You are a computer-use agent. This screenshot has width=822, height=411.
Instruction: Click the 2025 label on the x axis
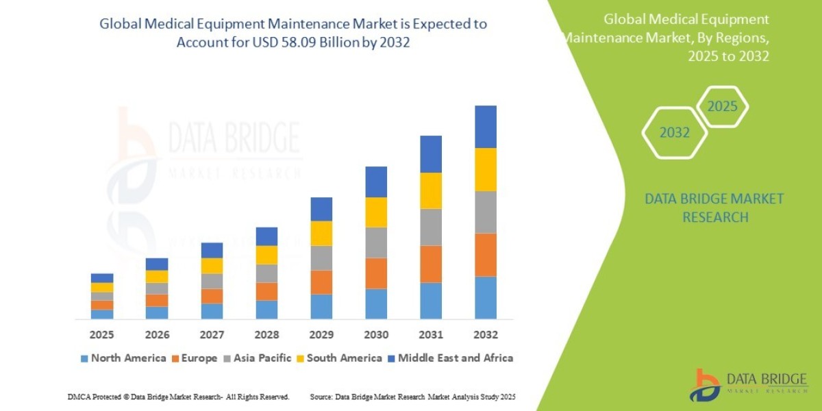101,335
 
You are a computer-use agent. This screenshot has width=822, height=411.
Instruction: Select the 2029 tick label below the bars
321,335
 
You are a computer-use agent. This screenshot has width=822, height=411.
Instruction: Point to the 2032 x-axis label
485,335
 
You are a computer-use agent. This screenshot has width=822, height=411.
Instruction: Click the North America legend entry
123,358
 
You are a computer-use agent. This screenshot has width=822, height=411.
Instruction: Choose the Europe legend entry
193,358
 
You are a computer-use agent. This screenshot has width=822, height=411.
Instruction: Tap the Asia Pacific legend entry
257,358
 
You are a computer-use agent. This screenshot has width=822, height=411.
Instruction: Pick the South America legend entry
338,358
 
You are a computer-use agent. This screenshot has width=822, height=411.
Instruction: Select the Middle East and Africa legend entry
450,358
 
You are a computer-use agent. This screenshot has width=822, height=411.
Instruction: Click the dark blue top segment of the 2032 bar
485,127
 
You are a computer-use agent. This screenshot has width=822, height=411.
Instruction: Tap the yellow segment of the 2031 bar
431,190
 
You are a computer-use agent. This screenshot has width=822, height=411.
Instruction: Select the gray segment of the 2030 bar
376,242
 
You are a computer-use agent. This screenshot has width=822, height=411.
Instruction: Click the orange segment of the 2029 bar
321,282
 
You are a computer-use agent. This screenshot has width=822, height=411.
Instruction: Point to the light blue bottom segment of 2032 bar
485,297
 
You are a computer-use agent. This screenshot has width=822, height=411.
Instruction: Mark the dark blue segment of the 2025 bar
102,278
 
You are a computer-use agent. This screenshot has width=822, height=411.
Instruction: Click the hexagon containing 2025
722,107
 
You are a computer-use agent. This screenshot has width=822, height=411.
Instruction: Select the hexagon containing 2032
674,133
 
